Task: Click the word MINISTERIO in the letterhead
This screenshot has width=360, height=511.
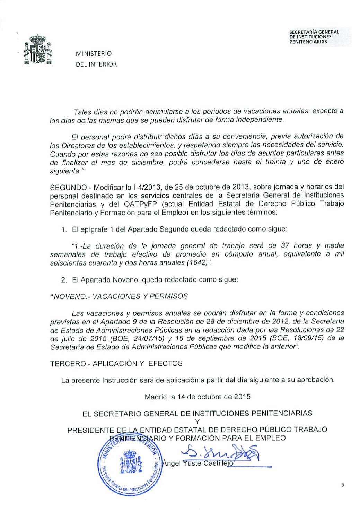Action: click(x=94, y=54)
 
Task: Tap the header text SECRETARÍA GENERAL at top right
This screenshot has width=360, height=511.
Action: click(x=314, y=33)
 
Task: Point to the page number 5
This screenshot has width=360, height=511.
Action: click(x=342, y=486)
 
